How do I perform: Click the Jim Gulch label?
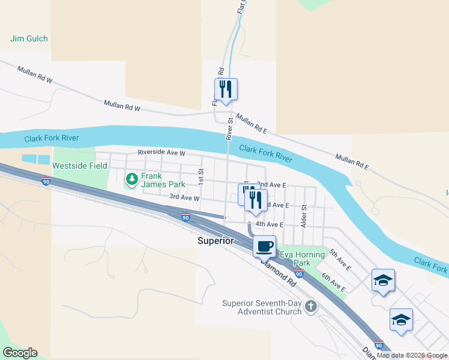29,39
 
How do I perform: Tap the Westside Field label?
80,166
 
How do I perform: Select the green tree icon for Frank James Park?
131,179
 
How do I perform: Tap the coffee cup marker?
264,245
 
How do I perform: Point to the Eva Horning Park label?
303,259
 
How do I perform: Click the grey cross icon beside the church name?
310,307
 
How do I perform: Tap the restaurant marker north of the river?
226,89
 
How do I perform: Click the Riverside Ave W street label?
161,153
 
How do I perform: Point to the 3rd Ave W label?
184,197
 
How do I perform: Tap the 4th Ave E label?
269,224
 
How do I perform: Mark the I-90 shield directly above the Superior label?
185,218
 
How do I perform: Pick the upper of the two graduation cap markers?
383,280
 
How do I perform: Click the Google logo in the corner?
20,353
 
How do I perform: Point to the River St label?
229,129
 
